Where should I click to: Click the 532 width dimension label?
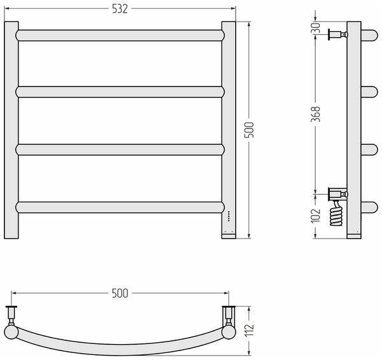[x=120, y=9]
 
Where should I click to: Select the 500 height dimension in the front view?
[x=249, y=130]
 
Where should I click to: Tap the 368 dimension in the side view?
[x=316, y=114]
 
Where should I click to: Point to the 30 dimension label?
[x=316, y=28]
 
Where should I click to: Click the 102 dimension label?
[x=316, y=215]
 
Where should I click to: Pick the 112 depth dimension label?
[x=249, y=330]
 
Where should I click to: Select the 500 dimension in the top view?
[x=120, y=293]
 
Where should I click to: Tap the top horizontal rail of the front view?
[x=120, y=35]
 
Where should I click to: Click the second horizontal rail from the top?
[x=120, y=92]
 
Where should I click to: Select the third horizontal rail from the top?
[x=120, y=149]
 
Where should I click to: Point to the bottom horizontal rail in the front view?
[x=120, y=207]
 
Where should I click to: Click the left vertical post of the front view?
[x=11, y=130]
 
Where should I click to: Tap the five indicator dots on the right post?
[x=229, y=216]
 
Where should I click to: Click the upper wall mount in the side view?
[x=338, y=34]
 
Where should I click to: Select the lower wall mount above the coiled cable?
[x=338, y=194]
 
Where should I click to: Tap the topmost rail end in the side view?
[x=369, y=35]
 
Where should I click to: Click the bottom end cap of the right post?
[x=229, y=236]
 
